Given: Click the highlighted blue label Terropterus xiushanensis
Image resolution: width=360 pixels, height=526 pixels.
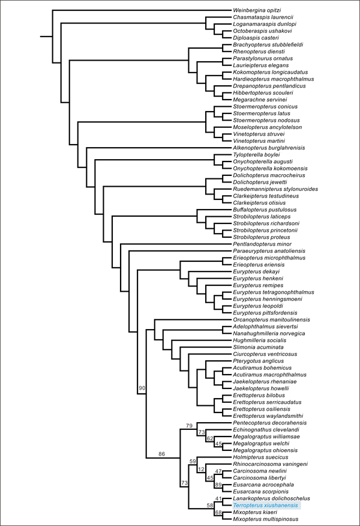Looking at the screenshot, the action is point(265,505).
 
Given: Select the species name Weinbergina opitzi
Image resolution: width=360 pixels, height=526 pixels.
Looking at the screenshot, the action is point(257,10).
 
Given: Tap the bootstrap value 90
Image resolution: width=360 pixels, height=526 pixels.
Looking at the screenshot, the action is point(142,388).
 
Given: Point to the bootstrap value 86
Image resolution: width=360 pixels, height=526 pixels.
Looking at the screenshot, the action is point(161,454).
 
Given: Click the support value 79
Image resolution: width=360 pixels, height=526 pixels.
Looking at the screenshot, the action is point(189,426).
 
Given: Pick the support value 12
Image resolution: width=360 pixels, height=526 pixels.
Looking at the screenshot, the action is point(201,470).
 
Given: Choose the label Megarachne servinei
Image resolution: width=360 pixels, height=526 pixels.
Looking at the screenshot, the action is point(260,100).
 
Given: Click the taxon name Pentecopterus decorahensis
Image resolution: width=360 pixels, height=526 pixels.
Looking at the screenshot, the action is point(270,423).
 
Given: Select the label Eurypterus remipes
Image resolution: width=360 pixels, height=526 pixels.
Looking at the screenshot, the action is point(258,285).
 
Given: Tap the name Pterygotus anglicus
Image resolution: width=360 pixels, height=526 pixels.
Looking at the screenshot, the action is point(259,361).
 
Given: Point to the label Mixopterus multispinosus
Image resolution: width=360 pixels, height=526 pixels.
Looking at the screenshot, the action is point(266,519).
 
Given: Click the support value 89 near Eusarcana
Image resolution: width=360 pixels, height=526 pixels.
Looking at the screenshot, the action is point(218,485).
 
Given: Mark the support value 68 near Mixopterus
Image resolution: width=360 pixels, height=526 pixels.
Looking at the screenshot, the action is point(218,512).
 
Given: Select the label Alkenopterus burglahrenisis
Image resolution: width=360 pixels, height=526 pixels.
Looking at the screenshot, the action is point(269,148).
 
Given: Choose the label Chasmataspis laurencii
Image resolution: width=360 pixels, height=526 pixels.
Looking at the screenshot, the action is point(263,17).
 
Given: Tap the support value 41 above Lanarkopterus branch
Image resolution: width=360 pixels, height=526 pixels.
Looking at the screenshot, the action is point(218,498).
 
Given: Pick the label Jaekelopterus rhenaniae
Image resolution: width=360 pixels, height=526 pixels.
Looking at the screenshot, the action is point(265,382).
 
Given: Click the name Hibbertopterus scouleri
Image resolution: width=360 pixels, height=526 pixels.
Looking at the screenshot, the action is point(263,93).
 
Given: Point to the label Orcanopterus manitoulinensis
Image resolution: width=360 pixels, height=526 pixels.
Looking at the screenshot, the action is point(272,319).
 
